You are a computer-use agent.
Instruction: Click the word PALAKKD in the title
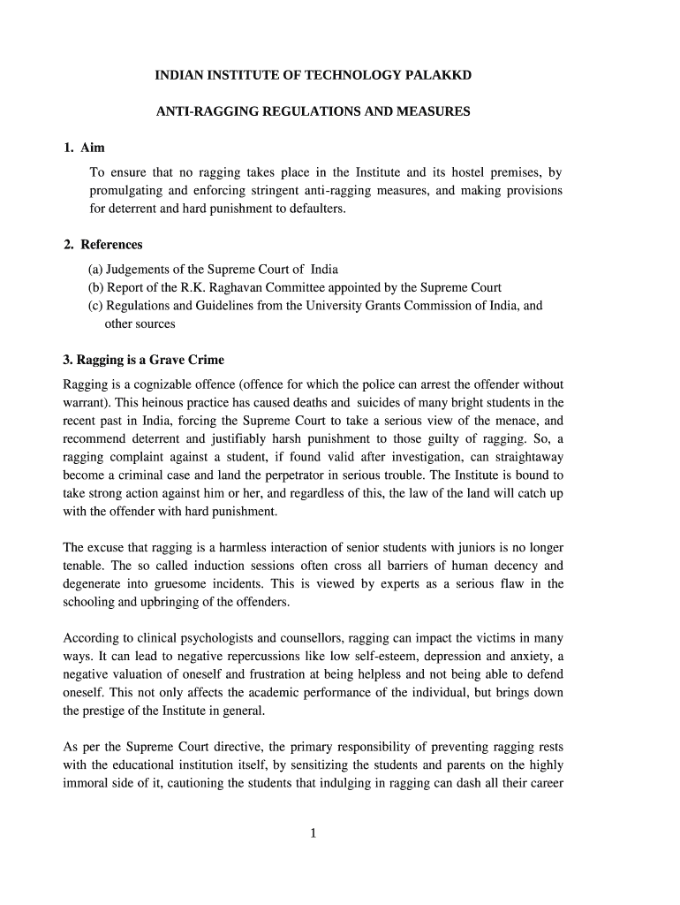click(x=438, y=76)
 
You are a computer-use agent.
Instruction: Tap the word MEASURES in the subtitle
click(x=433, y=112)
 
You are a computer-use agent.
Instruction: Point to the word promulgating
click(x=128, y=191)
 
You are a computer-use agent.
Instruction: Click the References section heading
click(x=111, y=245)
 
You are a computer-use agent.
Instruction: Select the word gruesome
click(x=180, y=584)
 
